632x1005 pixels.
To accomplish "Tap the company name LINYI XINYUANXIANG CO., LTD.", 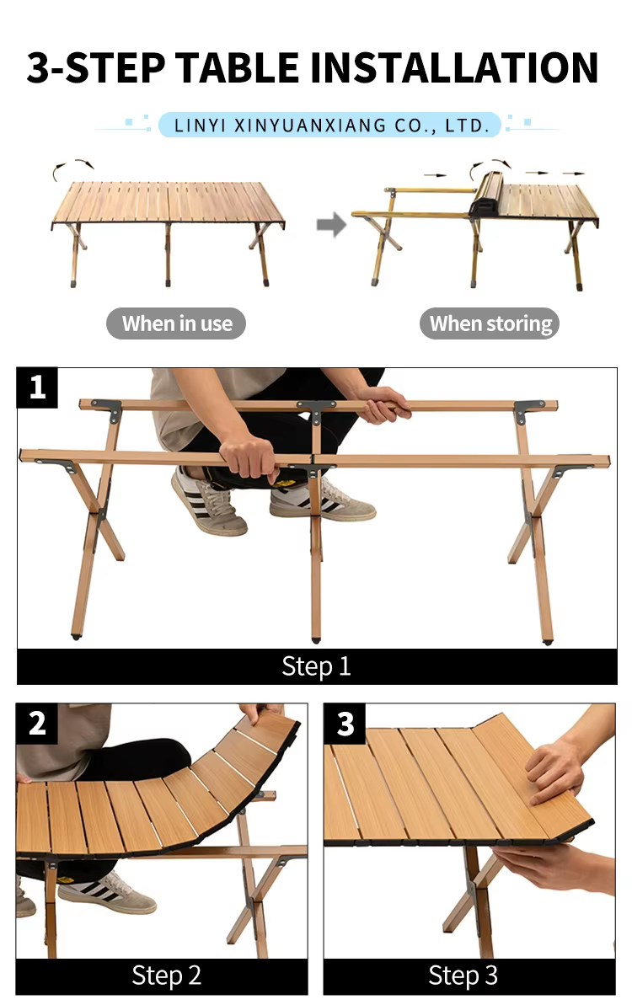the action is click(331, 125).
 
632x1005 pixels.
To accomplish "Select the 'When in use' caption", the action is click(177, 323).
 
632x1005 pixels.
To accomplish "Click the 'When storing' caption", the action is click(490, 323).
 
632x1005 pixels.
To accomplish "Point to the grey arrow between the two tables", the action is click(331, 224).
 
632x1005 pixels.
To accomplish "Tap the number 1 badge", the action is click(37, 388).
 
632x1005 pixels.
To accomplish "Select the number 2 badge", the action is click(36, 723).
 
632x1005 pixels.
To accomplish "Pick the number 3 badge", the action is click(345, 724).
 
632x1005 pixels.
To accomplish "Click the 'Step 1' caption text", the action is click(316, 666).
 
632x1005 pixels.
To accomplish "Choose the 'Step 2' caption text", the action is click(167, 976).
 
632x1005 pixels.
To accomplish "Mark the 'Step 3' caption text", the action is click(463, 976).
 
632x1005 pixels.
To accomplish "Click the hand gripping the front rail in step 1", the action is click(249, 455).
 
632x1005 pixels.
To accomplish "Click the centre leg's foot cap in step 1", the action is click(315, 639).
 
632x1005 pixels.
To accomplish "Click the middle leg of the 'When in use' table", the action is click(168, 254).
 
